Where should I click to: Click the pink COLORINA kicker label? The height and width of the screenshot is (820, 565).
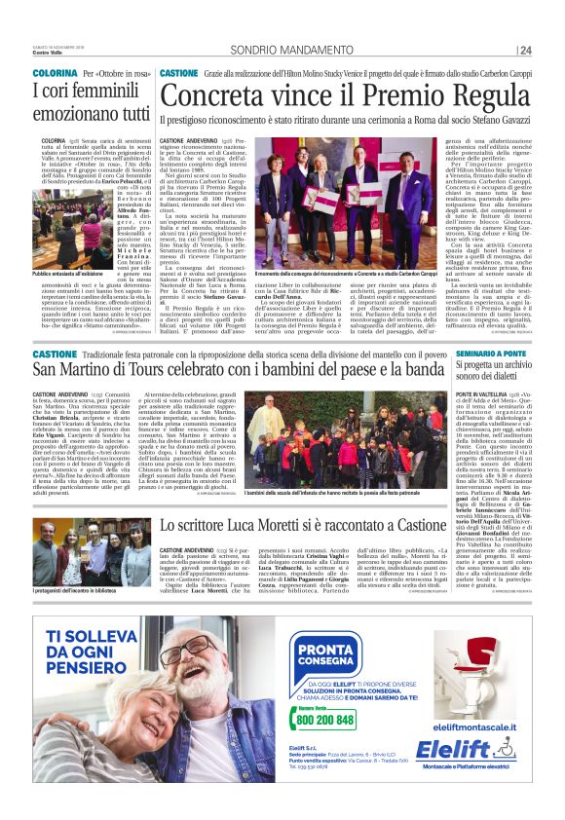coord(49,73)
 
